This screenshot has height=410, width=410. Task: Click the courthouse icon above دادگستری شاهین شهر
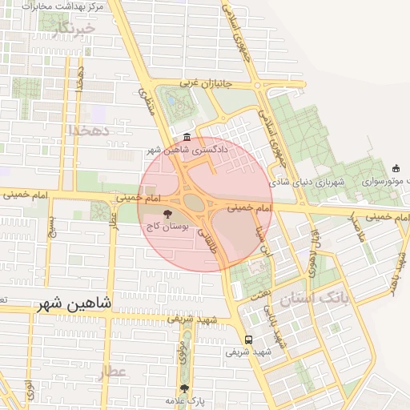coord(187,137)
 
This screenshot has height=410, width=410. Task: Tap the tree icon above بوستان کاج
coord(167,214)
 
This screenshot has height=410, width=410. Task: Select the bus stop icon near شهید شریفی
coord(248,340)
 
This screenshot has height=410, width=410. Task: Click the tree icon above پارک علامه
coord(185,388)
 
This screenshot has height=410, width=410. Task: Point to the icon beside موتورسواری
coord(396,168)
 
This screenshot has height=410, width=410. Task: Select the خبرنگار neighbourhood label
coord(74,30)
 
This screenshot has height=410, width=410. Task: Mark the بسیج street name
coord(52,228)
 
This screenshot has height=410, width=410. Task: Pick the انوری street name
coord(30,390)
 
